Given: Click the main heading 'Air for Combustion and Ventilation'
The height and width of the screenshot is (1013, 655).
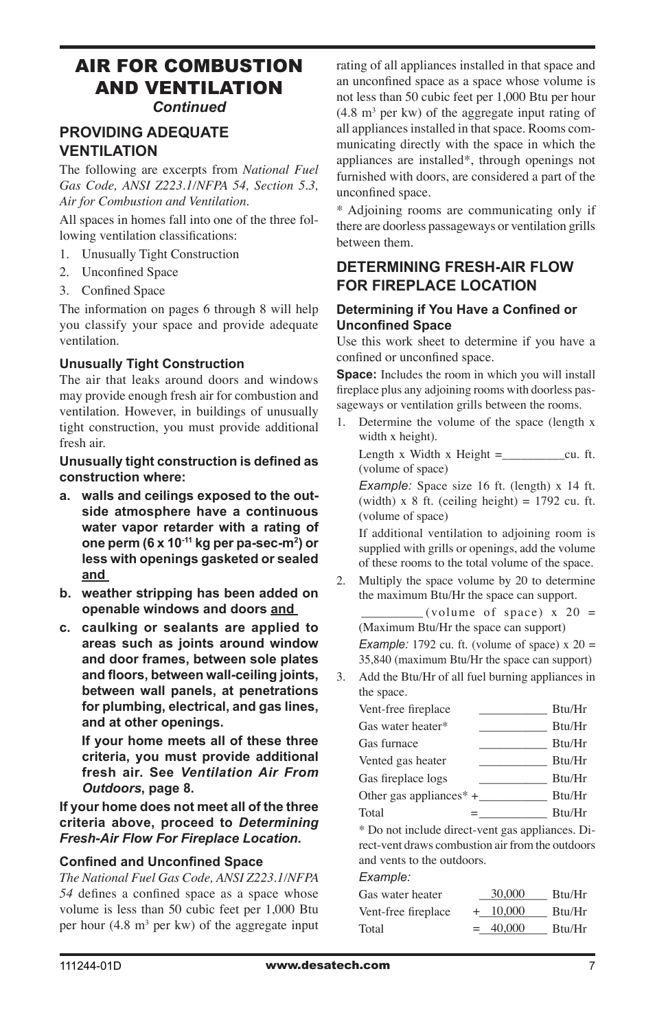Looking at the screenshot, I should coord(189,77).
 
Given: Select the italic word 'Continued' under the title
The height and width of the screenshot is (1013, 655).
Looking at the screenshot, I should coord(189,107).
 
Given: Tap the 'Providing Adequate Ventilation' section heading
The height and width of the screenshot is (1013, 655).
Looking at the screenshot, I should coord(143,141).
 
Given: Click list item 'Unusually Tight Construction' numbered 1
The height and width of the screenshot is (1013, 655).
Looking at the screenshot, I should coord(160,254).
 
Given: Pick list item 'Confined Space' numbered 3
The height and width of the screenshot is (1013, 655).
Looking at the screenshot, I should coord(123,291).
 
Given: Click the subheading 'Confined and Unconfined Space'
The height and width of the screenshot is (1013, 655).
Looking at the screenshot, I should coord(161,862).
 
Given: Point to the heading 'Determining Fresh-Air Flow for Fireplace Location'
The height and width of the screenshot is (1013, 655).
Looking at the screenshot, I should coord(455,276).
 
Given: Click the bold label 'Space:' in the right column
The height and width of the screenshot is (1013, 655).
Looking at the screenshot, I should coord(356,374).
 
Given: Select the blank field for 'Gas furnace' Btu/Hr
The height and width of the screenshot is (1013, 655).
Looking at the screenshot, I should coord(512,744).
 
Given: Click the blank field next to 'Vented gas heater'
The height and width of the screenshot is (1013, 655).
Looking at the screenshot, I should coord(512,761).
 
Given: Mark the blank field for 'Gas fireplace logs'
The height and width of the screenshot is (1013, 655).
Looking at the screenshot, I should coord(512,779).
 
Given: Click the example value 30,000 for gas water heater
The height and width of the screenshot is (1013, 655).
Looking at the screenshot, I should coord(507,894).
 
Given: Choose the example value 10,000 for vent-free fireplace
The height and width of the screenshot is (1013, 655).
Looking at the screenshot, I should coord(507,911).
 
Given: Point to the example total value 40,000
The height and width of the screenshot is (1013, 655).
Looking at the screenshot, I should coord(507,929).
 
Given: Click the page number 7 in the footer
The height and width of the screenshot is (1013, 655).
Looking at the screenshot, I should coord(591,966).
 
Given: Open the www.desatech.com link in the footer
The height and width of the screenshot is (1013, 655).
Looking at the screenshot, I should coord(327,965).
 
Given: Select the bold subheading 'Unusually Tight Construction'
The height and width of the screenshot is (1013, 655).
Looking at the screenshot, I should coord(152,364).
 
